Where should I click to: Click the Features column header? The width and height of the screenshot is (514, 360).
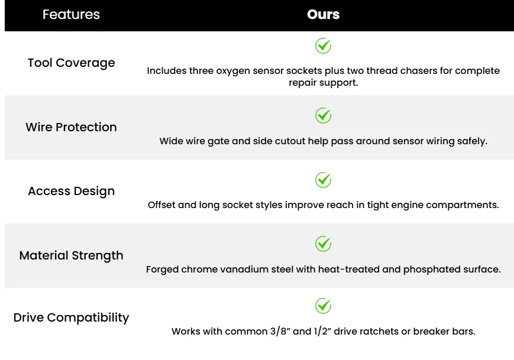(71, 14)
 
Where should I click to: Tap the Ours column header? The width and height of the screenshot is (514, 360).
(323, 14)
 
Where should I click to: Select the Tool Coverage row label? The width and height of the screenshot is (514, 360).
(71, 63)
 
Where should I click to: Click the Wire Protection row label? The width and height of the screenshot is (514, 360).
(71, 127)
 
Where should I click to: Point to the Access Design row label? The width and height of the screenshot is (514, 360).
(71, 191)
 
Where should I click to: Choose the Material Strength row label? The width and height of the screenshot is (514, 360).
(71, 255)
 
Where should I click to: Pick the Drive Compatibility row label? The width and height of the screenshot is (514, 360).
(71, 317)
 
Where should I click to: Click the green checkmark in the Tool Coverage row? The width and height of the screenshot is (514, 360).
(323, 46)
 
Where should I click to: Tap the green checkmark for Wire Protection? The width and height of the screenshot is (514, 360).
(323, 115)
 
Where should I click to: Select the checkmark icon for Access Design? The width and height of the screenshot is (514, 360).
(323, 180)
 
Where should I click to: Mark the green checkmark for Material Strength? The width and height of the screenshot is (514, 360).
(323, 244)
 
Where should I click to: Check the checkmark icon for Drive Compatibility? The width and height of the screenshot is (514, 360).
(323, 306)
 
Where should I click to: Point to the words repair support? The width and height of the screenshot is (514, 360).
(323, 83)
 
